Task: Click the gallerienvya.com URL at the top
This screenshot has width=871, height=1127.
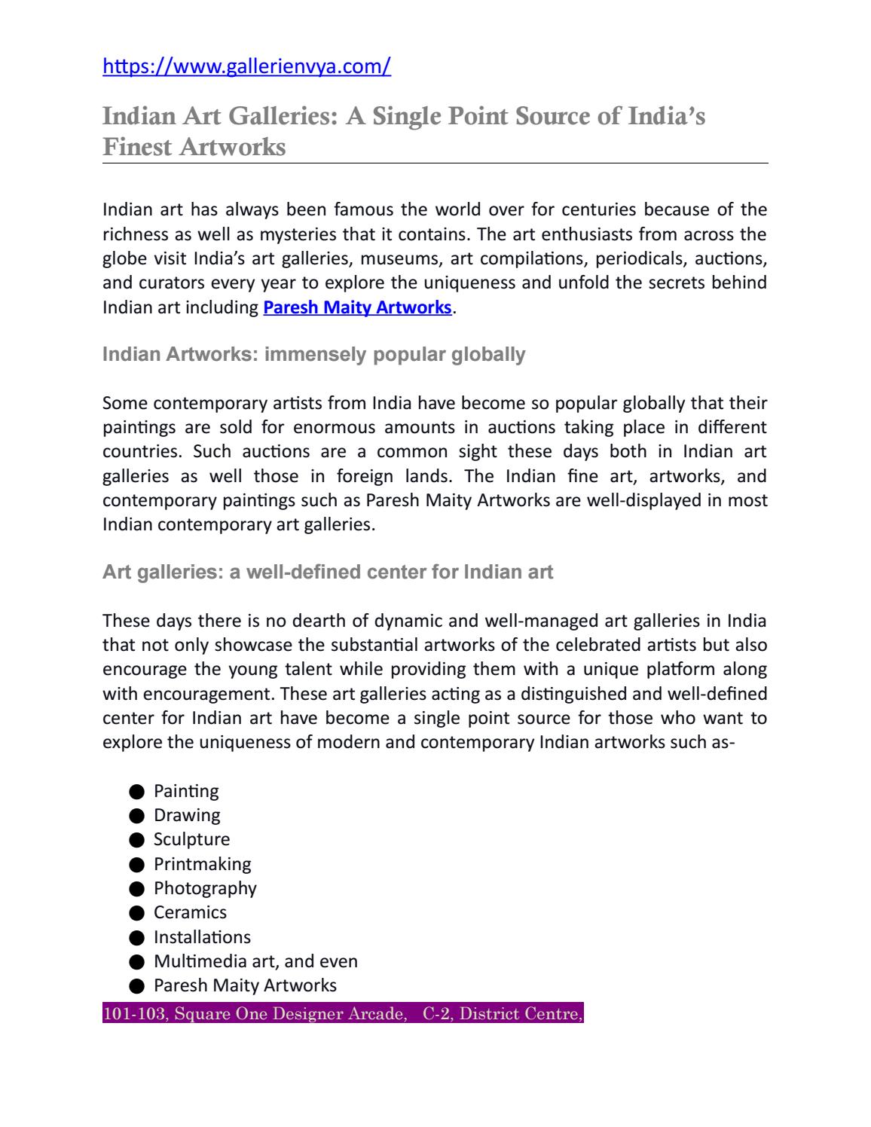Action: (246, 67)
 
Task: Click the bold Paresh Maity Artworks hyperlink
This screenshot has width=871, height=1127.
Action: (357, 307)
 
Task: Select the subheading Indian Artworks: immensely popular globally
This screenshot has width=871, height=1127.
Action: (313, 354)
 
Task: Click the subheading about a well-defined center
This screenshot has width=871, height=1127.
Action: (328, 572)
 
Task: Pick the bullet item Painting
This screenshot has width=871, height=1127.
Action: (186, 791)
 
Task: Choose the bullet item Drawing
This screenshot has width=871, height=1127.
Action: (187, 815)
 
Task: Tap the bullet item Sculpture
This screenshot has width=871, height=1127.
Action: (191, 839)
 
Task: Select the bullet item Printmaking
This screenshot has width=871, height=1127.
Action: (202, 864)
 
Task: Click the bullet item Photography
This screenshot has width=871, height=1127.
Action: (205, 888)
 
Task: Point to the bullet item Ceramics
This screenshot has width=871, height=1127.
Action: (190, 912)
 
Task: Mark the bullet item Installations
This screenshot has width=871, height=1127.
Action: (202, 937)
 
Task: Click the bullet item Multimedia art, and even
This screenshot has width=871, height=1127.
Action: (255, 961)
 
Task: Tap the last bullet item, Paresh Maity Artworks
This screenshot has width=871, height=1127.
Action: (245, 985)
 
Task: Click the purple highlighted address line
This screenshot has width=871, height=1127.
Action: (343, 1014)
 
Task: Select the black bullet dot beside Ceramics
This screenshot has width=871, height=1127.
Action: (136, 913)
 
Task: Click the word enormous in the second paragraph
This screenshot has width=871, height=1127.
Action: (334, 427)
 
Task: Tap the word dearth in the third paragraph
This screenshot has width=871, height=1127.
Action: (319, 621)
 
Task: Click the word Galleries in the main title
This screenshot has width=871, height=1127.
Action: (265, 117)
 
